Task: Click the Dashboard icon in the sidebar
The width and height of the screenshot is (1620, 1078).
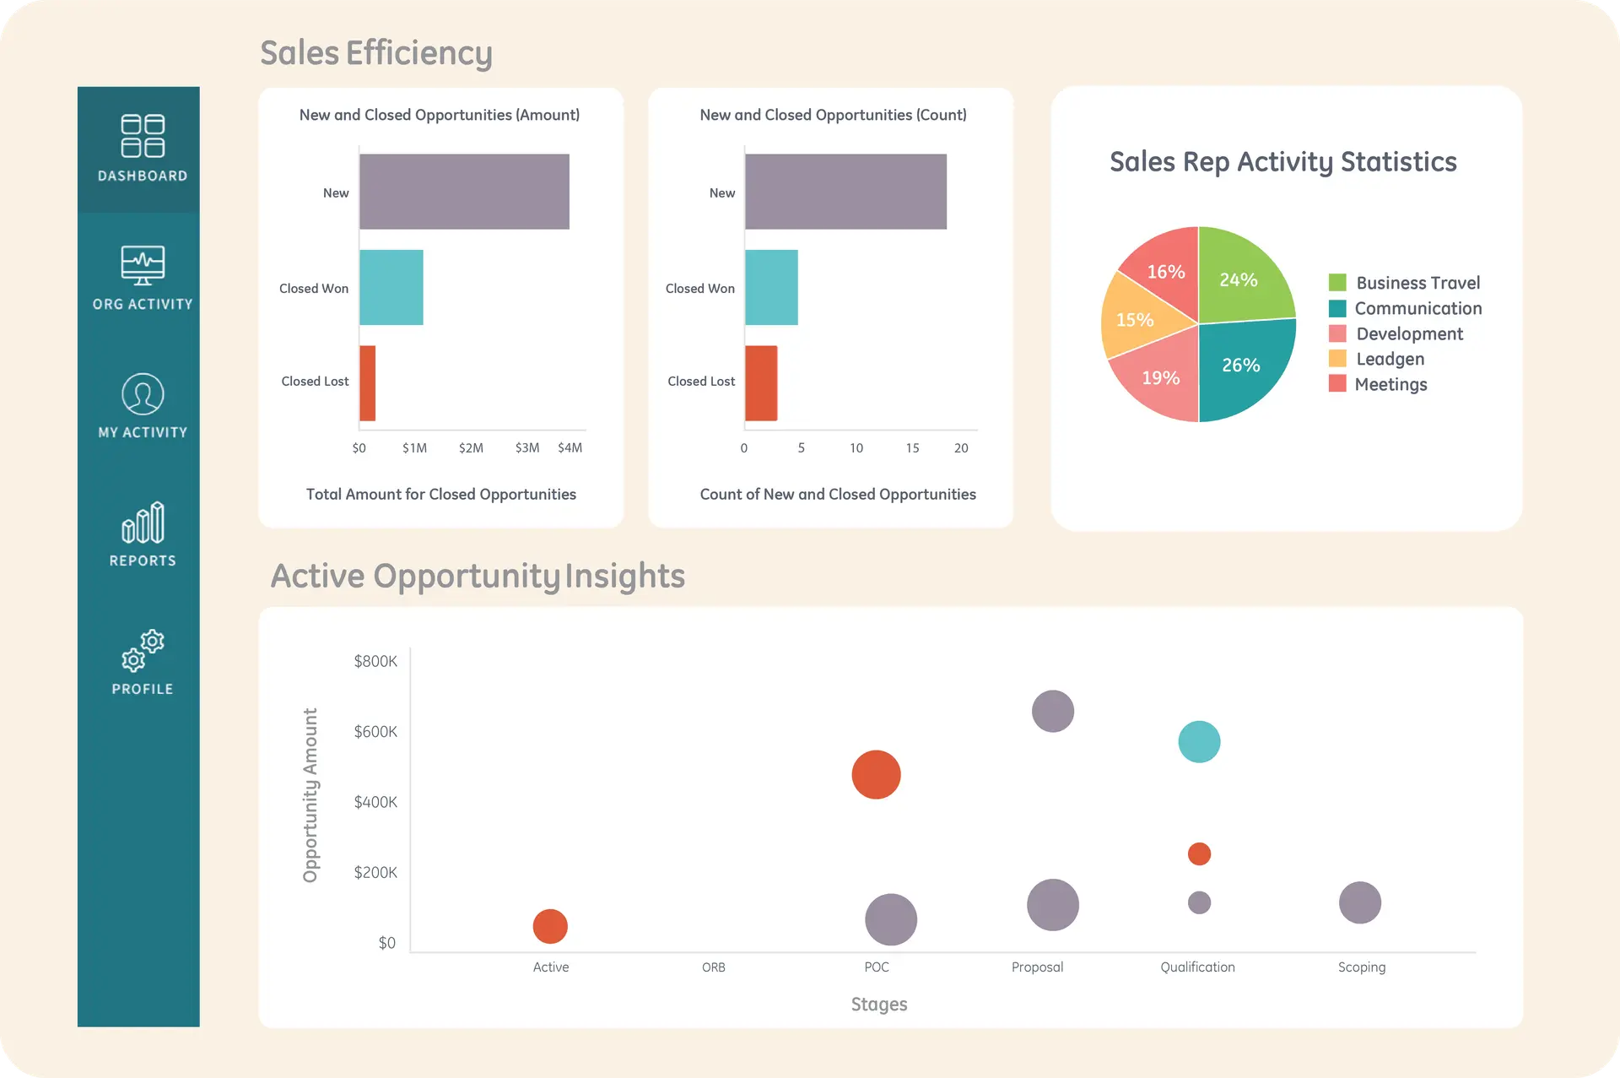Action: click(143, 136)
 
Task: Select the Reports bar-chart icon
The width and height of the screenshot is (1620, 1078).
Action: click(143, 523)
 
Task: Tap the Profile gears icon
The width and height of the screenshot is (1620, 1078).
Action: click(143, 650)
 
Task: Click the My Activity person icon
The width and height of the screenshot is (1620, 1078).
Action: click(143, 393)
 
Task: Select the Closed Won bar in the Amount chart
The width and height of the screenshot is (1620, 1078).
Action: click(391, 287)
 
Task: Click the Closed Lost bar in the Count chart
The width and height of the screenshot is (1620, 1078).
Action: click(760, 382)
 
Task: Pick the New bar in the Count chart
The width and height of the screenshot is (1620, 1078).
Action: click(845, 192)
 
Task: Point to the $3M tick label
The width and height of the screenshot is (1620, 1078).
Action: click(527, 448)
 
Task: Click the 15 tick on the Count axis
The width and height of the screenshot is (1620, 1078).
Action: click(912, 448)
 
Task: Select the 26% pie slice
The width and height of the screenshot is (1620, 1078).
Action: click(1242, 366)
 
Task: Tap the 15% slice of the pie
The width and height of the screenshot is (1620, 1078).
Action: click(1136, 320)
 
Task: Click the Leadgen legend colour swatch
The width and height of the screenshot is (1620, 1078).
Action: click(1337, 359)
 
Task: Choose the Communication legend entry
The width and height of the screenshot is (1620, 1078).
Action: click(1417, 308)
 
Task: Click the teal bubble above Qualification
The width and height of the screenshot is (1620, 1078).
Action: click(1199, 742)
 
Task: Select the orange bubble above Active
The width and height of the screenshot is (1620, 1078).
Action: click(550, 926)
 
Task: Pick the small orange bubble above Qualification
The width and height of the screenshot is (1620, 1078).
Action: click(1199, 853)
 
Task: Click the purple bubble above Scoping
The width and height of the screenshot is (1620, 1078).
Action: click(1359, 902)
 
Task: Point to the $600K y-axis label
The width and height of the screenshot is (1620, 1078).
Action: click(375, 732)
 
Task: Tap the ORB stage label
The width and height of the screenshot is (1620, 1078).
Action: click(713, 967)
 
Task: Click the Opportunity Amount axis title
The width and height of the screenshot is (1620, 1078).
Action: click(310, 795)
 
